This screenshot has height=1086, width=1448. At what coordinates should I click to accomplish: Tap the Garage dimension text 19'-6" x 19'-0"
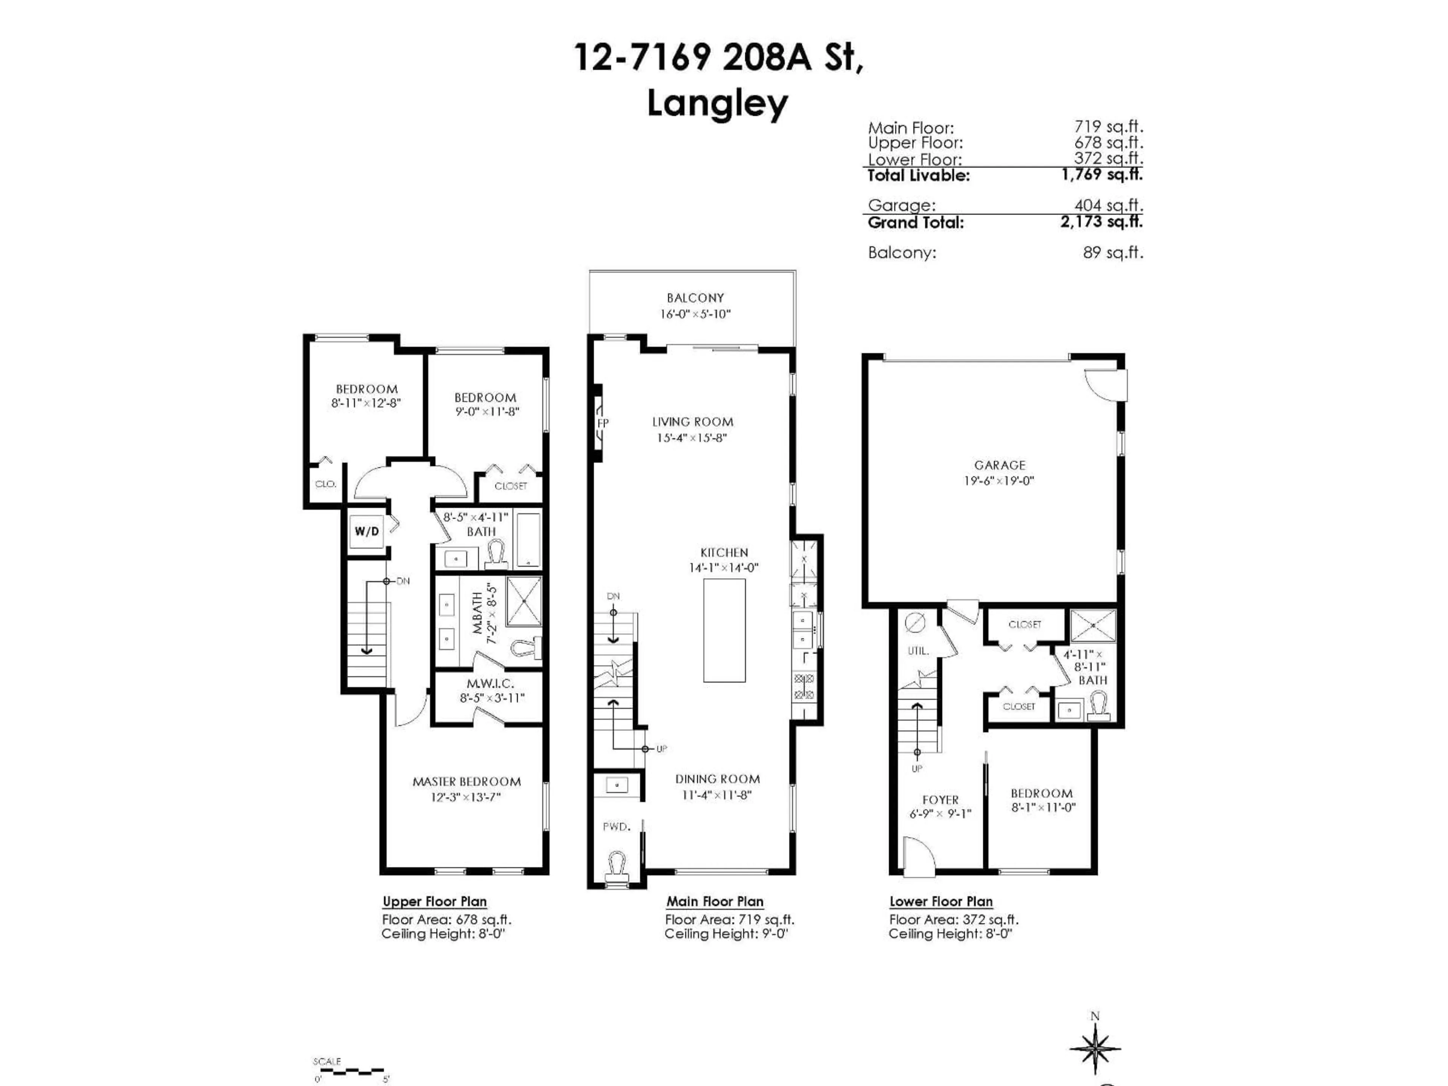999,480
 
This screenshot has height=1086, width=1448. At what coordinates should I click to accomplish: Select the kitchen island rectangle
724,630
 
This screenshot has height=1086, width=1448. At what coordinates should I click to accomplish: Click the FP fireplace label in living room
602,423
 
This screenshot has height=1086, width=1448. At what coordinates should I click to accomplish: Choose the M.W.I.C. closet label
490,683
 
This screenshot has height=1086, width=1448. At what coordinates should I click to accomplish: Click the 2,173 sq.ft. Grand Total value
1101,222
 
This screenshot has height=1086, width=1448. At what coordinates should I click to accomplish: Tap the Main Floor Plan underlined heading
715,901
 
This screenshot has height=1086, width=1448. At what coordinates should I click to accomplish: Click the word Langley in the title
718,103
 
